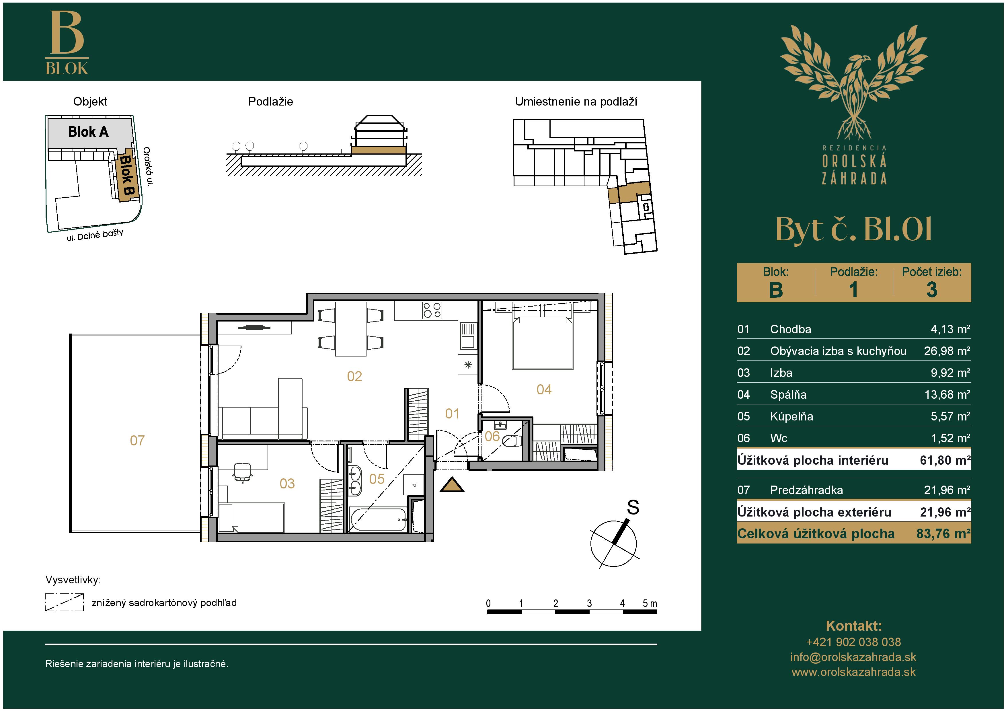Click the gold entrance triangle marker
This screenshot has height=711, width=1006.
(452, 485)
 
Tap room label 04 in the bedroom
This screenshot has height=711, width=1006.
(544, 389)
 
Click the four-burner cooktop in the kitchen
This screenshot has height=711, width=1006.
(432, 310)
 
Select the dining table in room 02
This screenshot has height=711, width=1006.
(350, 329)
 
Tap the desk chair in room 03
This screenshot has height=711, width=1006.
(242, 472)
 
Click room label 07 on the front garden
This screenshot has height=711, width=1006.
(137, 440)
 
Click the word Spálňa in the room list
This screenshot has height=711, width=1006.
(788, 394)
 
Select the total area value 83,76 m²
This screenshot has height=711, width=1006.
(943, 533)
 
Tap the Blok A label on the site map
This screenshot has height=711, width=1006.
(88, 132)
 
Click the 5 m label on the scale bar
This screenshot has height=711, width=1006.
(650, 603)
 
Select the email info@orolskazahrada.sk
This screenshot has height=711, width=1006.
(853, 657)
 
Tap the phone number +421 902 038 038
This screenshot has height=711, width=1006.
(853, 642)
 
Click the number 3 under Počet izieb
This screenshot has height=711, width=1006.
(931, 290)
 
